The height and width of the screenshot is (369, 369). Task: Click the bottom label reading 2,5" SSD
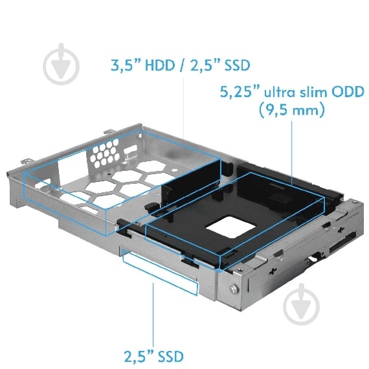(153, 355)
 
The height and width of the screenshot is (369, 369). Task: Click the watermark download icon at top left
(63, 63)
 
